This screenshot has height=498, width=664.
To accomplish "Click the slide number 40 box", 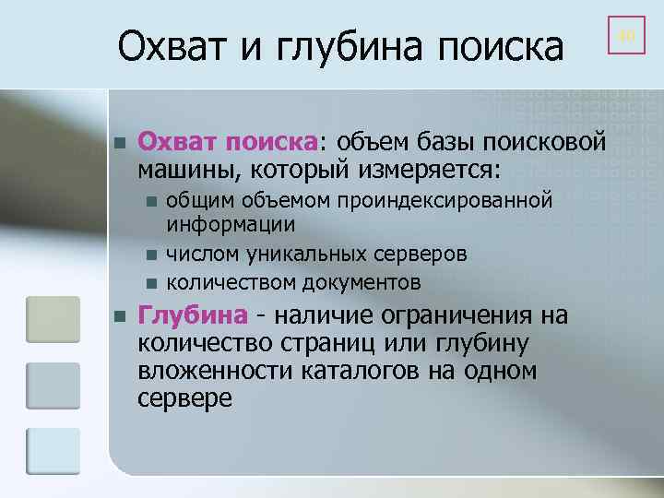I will tap(626, 36).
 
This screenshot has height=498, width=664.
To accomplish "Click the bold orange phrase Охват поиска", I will tap(228, 144).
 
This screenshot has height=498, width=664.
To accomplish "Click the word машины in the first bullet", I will tap(181, 171).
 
